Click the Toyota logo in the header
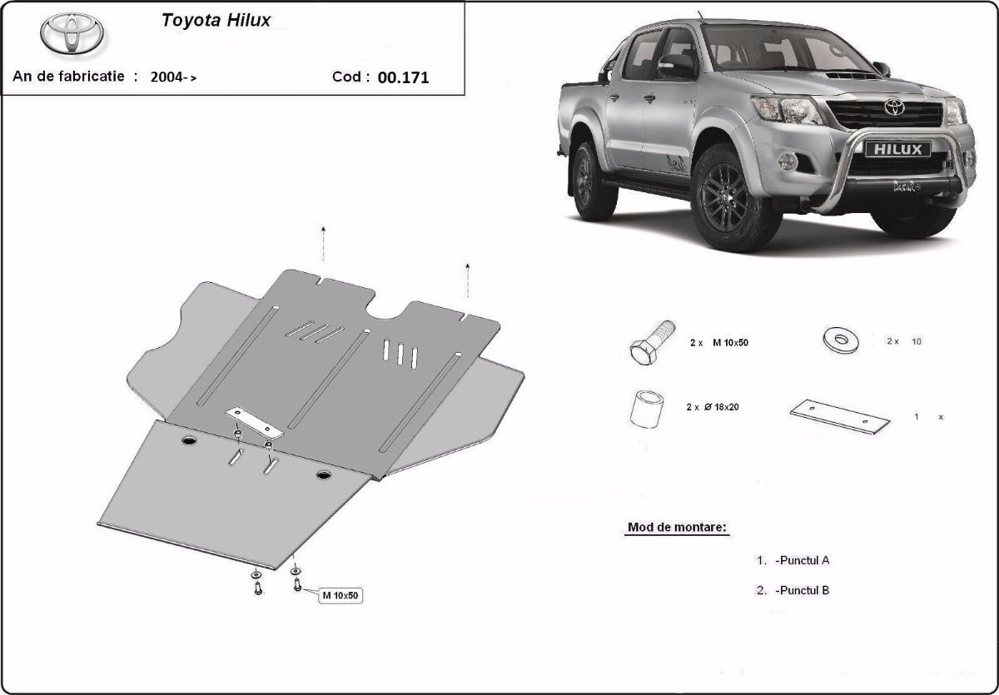click(72, 34)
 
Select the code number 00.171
click(403, 77)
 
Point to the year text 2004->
click(173, 77)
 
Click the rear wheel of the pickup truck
click(594, 181)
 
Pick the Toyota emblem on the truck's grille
click(894, 107)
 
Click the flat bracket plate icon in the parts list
click(839, 415)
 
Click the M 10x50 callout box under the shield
click(340, 594)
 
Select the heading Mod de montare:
click(677, 528)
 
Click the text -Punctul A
click(801, 560)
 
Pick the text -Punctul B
click(801, 590)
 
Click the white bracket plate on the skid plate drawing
click(257, 423)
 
